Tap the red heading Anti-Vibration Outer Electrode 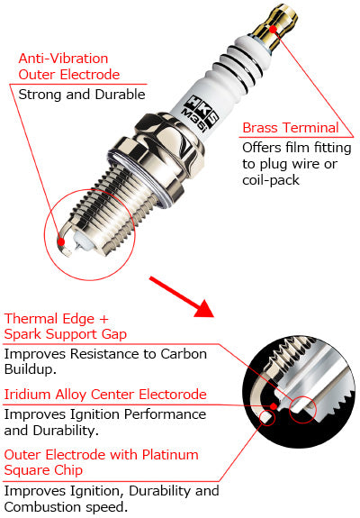[x=68, y=67]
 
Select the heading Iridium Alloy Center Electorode [x=105, y=395]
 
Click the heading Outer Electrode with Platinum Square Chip [x=101, y=463]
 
